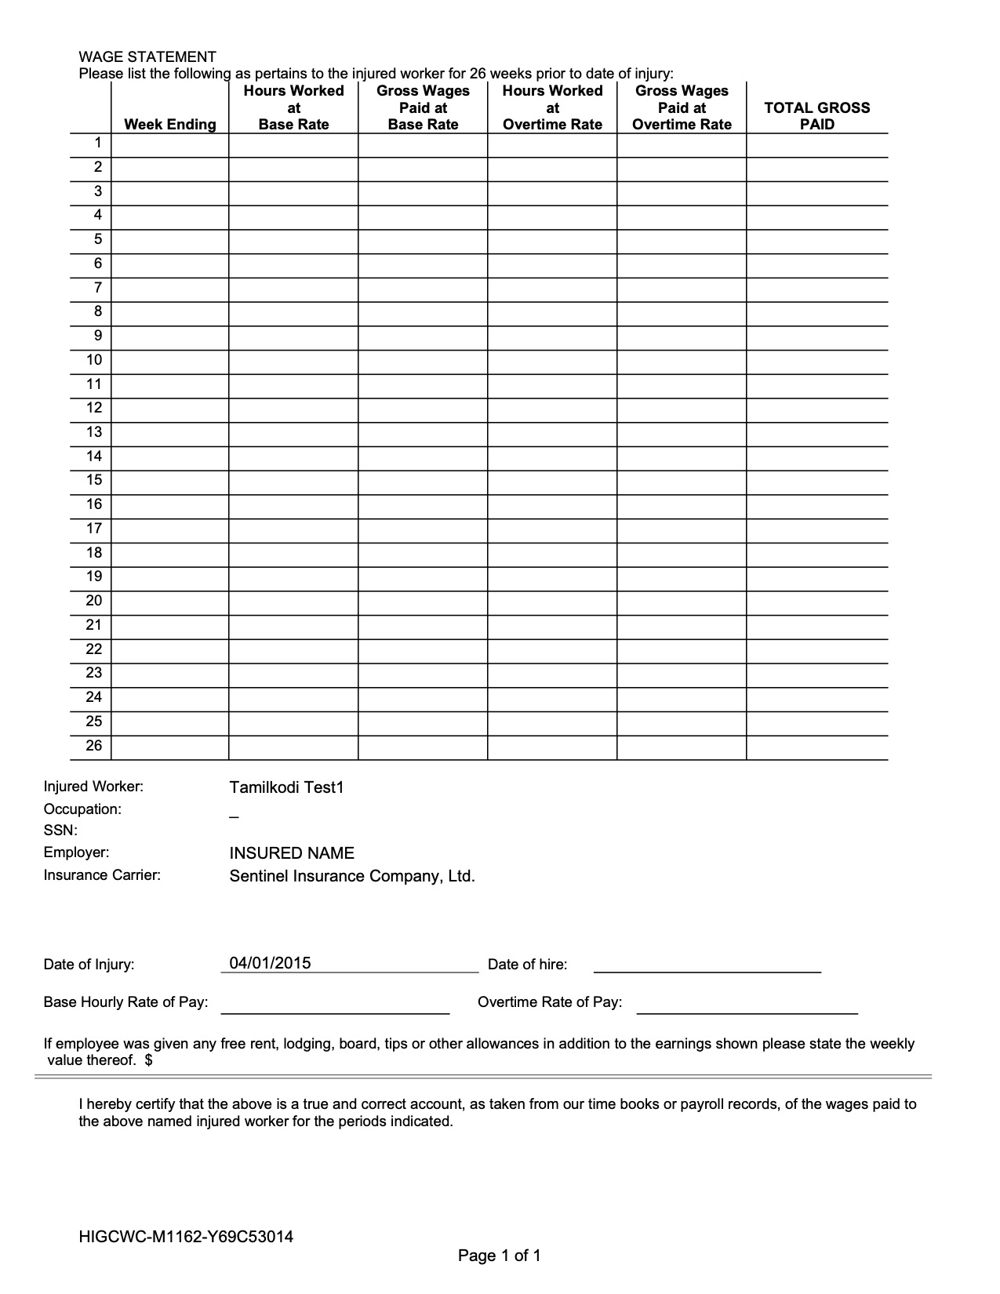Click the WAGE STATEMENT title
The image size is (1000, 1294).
pos(147,56)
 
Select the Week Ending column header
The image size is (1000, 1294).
pos(169,125)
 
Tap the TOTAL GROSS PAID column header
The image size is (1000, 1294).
pos(816,116)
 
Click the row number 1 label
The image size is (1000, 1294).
pos(98,143)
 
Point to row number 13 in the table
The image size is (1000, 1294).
pos(94,432)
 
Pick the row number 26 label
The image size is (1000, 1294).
pos(94,746)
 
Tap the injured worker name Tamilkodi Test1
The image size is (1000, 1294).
pos(286,787)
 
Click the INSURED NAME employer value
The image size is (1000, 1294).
pos(292,853)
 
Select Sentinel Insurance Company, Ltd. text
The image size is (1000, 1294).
pos(352,876)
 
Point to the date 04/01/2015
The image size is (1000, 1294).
pos(270,963)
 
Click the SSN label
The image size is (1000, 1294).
pos(60,831)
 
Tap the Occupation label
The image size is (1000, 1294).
pos(82,809)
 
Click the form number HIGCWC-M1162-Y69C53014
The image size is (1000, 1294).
pos(186,1238)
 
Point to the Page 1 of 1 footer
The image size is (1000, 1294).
pos(499,1256)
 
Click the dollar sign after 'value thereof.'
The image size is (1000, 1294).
pos(148,1061)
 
